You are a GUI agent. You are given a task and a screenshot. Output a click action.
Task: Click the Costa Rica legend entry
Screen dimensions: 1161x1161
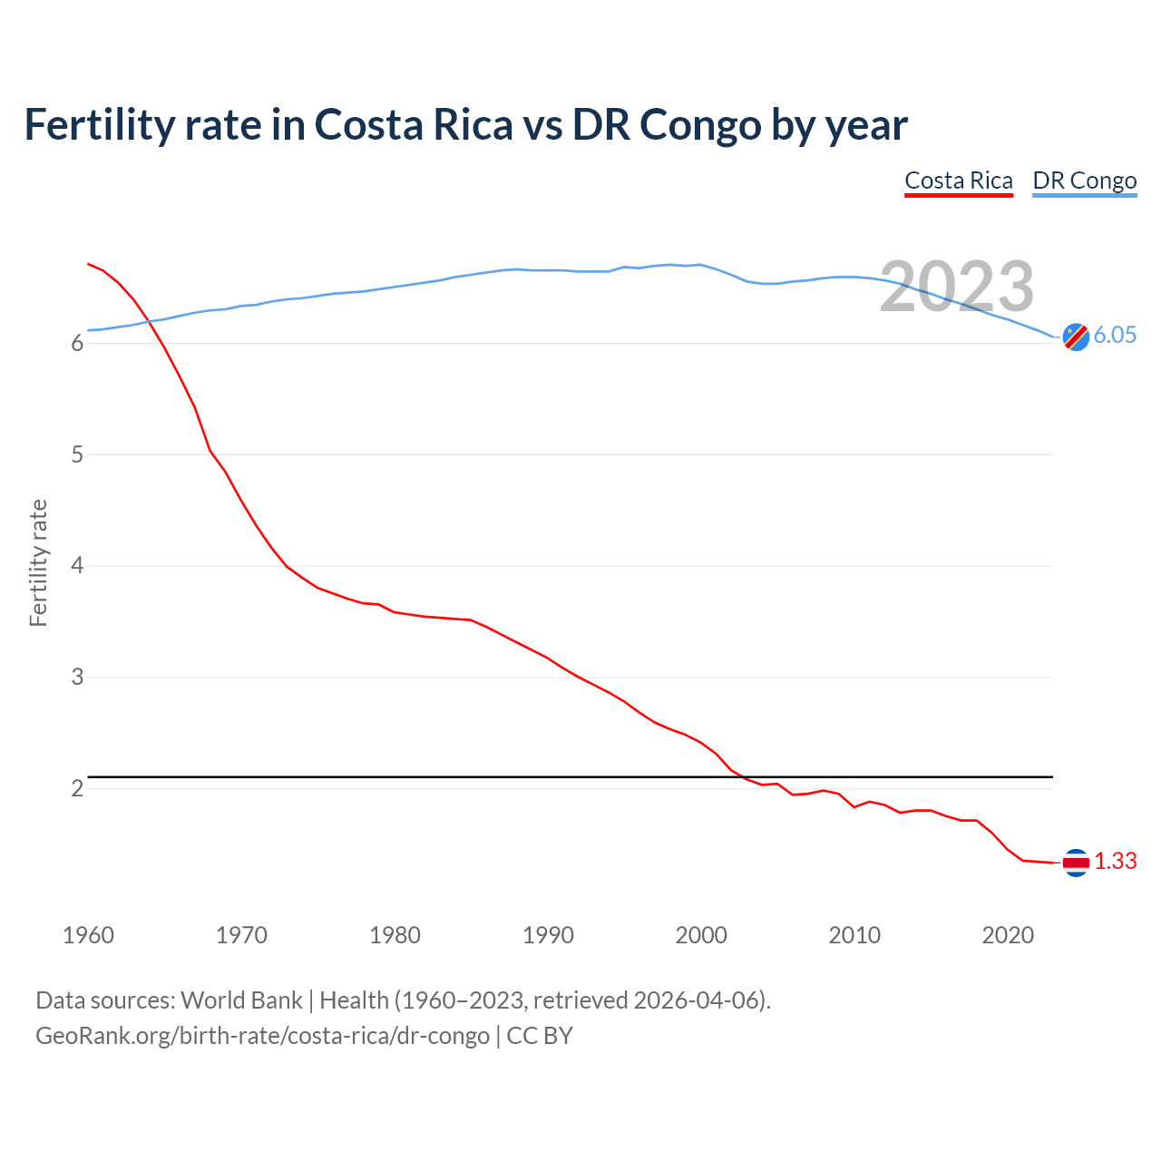[x=958, y=180]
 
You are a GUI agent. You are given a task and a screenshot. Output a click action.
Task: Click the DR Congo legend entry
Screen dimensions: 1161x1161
[x=1084, y=180]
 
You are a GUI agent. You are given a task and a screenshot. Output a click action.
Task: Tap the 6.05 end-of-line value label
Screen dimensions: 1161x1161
[x=1114, y=336]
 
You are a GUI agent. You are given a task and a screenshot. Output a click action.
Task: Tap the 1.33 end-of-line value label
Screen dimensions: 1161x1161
[x=1115, y=862]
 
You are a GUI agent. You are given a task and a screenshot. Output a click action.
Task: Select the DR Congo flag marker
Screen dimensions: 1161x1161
[x=1076, y=337]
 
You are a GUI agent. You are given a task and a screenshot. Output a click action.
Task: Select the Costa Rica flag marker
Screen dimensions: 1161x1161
[x=1076, y=863]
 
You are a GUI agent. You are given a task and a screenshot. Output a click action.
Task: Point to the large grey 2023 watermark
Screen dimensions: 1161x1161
[x=956, y=287]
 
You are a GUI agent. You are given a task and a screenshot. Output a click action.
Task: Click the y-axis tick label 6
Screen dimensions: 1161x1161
[x=77, y=344]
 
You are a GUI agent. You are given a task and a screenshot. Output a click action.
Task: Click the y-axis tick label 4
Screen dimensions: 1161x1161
[x=77, y=566]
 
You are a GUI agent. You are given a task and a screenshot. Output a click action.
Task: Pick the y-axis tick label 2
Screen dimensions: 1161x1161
[x=77, y=788]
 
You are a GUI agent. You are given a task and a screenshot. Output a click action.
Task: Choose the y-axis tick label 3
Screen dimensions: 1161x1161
[x=77, y=678]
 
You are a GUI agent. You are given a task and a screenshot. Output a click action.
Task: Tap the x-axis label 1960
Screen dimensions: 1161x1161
[x=88, y=935]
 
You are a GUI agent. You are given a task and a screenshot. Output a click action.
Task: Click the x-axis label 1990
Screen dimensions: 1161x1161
[x=548, y=935]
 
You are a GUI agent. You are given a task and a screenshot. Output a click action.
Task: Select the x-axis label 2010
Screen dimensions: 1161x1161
[x=854, y=935]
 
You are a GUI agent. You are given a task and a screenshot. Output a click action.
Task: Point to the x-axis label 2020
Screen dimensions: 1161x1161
[x=1008, y=935]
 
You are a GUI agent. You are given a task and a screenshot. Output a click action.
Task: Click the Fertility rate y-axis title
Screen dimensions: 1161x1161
[x=38, y=562]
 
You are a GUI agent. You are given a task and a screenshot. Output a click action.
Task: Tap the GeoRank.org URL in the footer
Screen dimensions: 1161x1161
[x=262, y=1036]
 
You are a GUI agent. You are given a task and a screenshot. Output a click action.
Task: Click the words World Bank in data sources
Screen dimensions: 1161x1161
[x=241, y=1000]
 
